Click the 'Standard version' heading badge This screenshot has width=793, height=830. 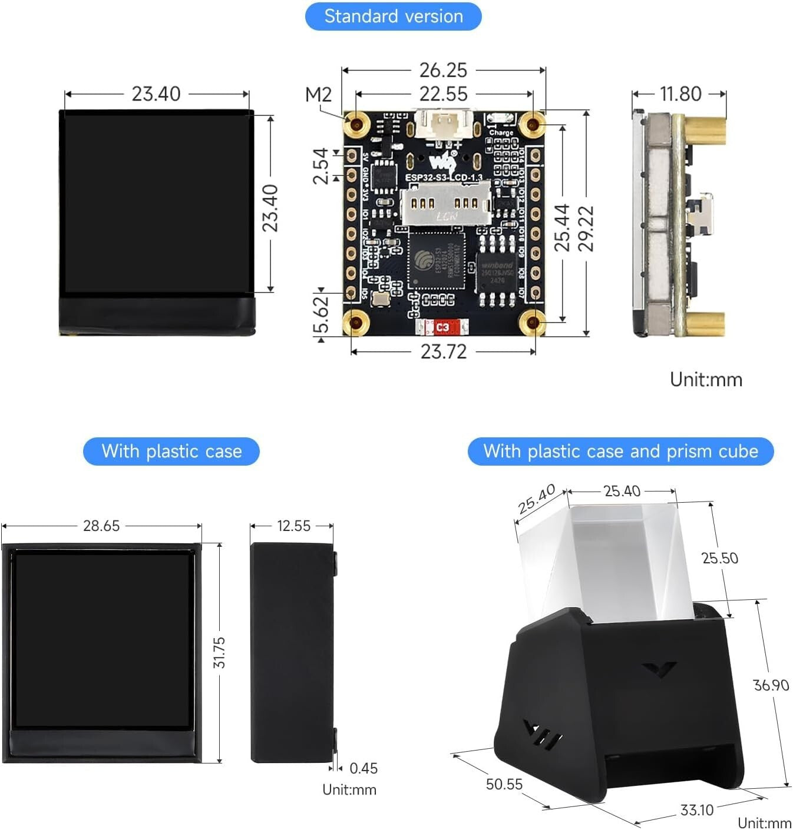pyautogui.click(x=393, y=16)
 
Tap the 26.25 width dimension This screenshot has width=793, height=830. pyautogui.click(x=443, y=70)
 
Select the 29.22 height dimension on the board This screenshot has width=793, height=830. pyautogui.click(x=585, y=228)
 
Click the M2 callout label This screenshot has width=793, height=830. pyautogui.click(x=318, y=94)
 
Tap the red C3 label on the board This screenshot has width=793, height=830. pyautogui.click(x=442, y=327)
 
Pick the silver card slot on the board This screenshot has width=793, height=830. pyautogui.click(x=446, y=202)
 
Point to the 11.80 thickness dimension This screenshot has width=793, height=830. pyautogui.click(x=680, y=94)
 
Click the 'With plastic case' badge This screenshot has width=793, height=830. pyautogui.click(x=171, y=451)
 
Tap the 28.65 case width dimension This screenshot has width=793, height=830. pyautogui.click(x=101, y=526)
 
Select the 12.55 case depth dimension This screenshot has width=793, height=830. pyautogui.click(x=293, y=526)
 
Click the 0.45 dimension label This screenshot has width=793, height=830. pyautogui.click(x=363, y=768)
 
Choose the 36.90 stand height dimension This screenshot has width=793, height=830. pyautogui.click(x=771, y=685)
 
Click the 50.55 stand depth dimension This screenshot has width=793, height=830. pyautogui.click(x=504, y=784)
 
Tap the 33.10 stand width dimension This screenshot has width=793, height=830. pyautogui.click(x=696, y=810)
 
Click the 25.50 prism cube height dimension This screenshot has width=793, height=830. pyautogui.click(x=719, y=558)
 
